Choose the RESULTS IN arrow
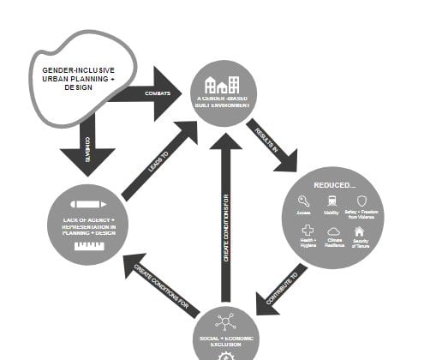pos(272,143)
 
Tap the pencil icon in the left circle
pos(88,205)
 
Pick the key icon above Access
pos(303,201)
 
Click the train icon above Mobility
pos(331,201)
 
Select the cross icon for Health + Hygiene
pos(307,231)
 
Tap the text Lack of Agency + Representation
pos(88,225)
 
